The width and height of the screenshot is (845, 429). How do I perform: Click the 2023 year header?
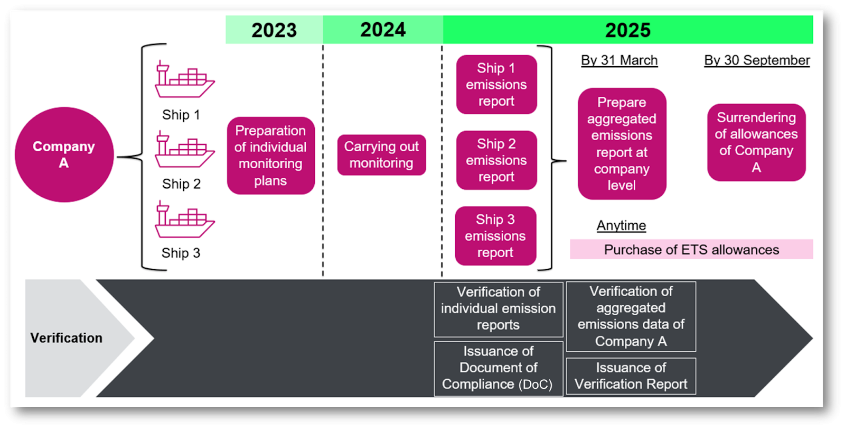coord(274,30)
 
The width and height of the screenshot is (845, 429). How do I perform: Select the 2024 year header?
coord(383,30)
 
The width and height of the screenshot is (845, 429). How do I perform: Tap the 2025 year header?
coord(627,30)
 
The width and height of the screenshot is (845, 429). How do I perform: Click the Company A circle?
coord(64,154)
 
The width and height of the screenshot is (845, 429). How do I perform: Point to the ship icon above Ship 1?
coord(184,80)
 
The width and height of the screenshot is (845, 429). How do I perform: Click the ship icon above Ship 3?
coord(184,220)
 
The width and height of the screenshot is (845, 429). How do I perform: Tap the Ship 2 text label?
coord(181,184)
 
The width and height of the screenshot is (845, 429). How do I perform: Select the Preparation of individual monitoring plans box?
coord(270,156)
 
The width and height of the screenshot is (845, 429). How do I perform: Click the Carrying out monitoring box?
coord(381,154)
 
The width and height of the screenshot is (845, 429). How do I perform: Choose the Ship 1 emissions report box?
coord(496,85)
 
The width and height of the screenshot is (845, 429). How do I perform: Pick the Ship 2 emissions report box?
coord(496,160)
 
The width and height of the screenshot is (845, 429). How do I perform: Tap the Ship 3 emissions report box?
coord(495,236)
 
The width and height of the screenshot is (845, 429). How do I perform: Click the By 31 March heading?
coord(619,60)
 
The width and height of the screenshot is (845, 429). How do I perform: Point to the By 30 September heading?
coord(757,60)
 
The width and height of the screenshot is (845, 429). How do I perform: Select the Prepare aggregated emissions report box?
coord(622,144)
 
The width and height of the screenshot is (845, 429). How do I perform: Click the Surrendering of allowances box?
coord(756,142)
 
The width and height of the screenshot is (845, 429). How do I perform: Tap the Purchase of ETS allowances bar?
coord(691,250)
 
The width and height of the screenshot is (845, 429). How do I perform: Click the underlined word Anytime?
coord(621,226)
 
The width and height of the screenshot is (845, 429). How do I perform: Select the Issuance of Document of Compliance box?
coord(498,368)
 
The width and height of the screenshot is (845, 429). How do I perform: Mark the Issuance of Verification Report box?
coord(631,376)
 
